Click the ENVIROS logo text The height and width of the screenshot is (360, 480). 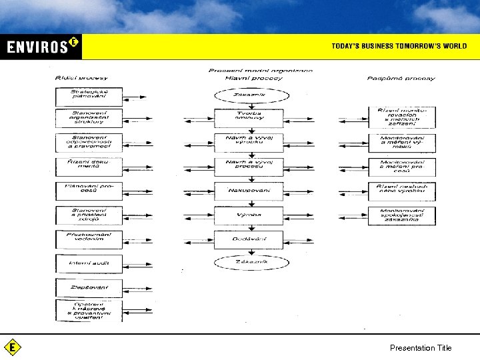[x=39, y=47]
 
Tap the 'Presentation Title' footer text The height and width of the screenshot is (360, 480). [x=421, y=348]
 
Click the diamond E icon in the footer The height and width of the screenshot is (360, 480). [x=12, y=347]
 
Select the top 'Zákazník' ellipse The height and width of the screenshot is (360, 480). [x=248, y=95]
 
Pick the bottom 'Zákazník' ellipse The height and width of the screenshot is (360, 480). [x=248, y=263]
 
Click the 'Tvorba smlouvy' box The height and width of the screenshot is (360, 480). [x=248, y=118]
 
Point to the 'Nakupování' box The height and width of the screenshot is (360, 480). [x=248, y=191]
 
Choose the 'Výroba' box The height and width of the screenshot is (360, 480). [x=248, y=215]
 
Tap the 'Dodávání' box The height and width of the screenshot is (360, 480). [x=248, y=239]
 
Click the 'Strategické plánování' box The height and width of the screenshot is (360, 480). [x=89, y=95]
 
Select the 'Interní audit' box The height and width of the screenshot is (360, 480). [x=89, y=263]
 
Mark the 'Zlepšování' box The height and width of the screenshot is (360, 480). [x=89, y=287]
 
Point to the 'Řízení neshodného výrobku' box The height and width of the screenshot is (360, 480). [x=401, y=191]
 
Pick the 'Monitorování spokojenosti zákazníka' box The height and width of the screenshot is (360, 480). [x=401, y=215]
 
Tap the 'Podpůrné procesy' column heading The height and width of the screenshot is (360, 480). [x=401, y=78]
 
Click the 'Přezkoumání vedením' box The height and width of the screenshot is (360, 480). [x=89, y=239]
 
